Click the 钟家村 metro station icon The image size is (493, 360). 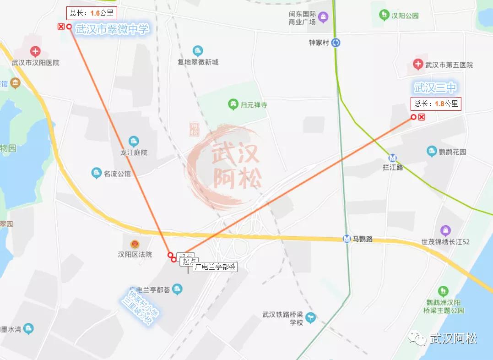click(x=336, y=43)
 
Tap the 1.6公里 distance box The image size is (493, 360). click(x=91, y=13)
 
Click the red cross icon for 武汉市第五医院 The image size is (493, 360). click(x=417, y=65)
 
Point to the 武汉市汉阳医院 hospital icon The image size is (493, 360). click(x=35, y=51)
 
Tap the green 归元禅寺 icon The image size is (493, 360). click(x=233, y=104)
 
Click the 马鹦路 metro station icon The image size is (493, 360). click(x=347, y=239)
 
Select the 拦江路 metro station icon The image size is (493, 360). click(x=392, y=158)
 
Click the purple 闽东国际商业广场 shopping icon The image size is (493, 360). click(x=324, y=18)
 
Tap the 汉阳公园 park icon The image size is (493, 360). click(x=384, y=15)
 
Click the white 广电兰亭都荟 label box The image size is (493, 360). click(x=215, y=267)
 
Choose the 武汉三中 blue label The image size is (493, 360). click(x=435, y=87)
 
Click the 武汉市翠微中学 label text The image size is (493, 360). click(x=113, y=29)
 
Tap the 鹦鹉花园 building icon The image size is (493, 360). click(x=431, y=151)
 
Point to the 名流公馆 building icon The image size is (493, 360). click(x=96, y=173)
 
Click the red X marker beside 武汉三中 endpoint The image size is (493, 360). click(x=422, y=117)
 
